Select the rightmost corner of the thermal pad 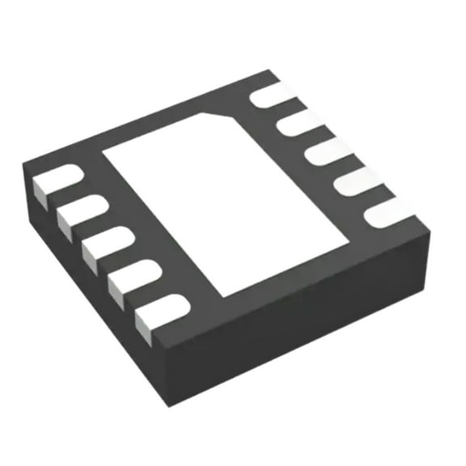(352, 242)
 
